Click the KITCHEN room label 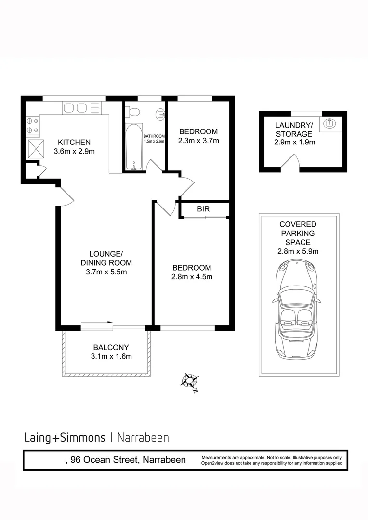tap(74, 143)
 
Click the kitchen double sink tap(76, 108)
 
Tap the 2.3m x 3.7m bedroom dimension tap(198, 141)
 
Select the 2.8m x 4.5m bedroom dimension tap(192, 277)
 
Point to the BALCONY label tap(111, 347)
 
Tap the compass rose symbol tap(189, 381)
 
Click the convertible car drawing tap(295, 310)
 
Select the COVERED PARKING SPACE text tap(298, 234)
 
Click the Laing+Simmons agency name tap(65, 438)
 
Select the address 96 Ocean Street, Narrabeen tap(128, 460)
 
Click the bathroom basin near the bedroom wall tap(160, 115)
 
